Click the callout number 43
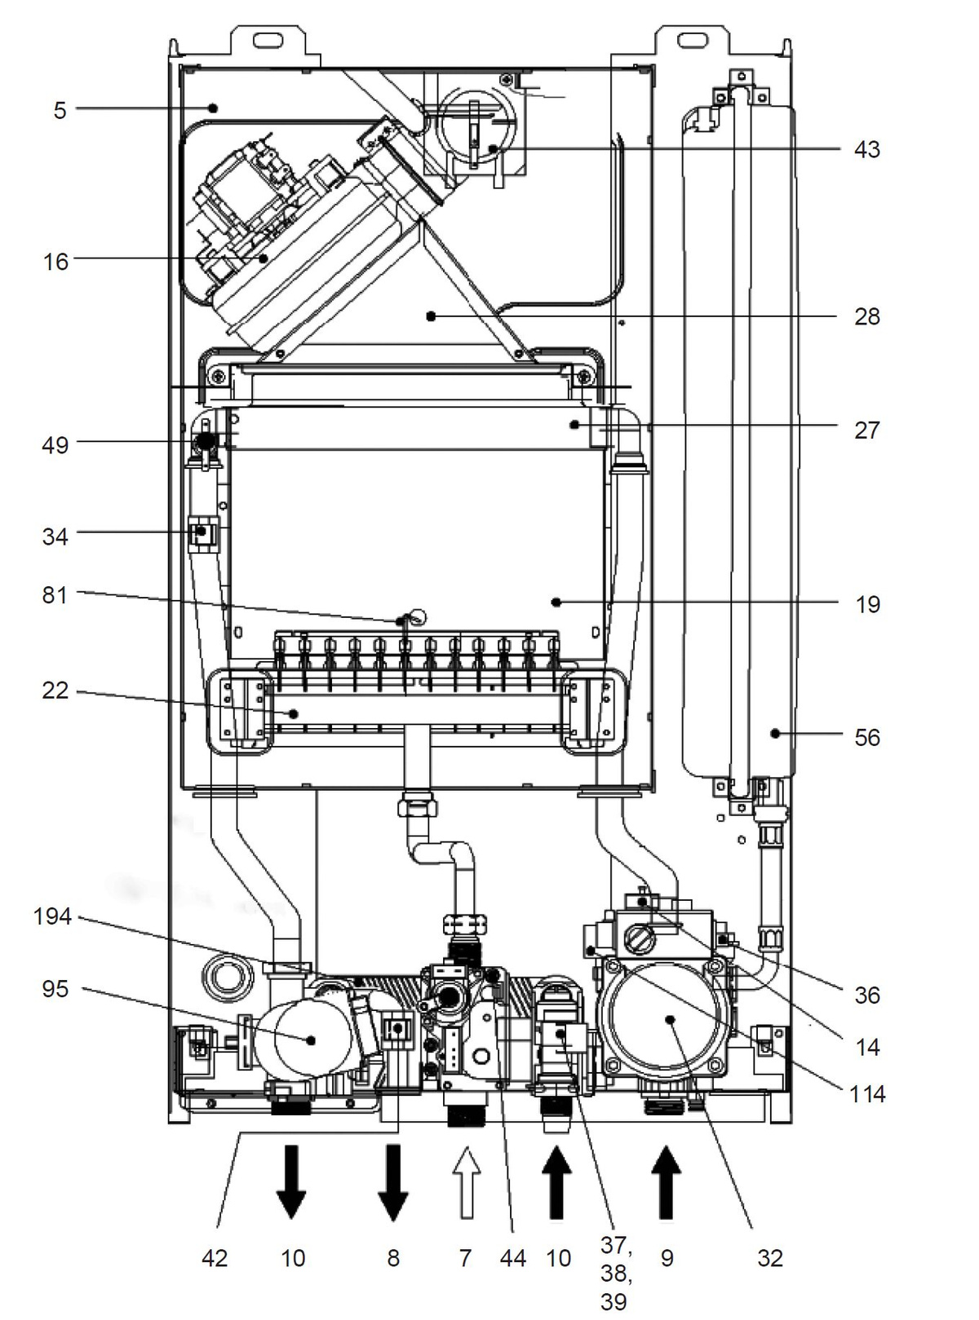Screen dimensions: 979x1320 [866, 149]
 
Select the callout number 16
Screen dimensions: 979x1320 [56, 262]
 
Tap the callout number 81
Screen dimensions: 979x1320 [55, 595]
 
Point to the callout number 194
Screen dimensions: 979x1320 [52, 916]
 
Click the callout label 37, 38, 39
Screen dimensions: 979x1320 [616, 1273]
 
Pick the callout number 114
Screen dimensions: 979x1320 [868, 1093]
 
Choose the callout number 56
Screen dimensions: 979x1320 [867, 738]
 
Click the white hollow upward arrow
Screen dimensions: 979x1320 [467, 1182]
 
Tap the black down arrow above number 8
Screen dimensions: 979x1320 [393, 1182]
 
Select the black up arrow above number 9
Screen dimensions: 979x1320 [667, 1182]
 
